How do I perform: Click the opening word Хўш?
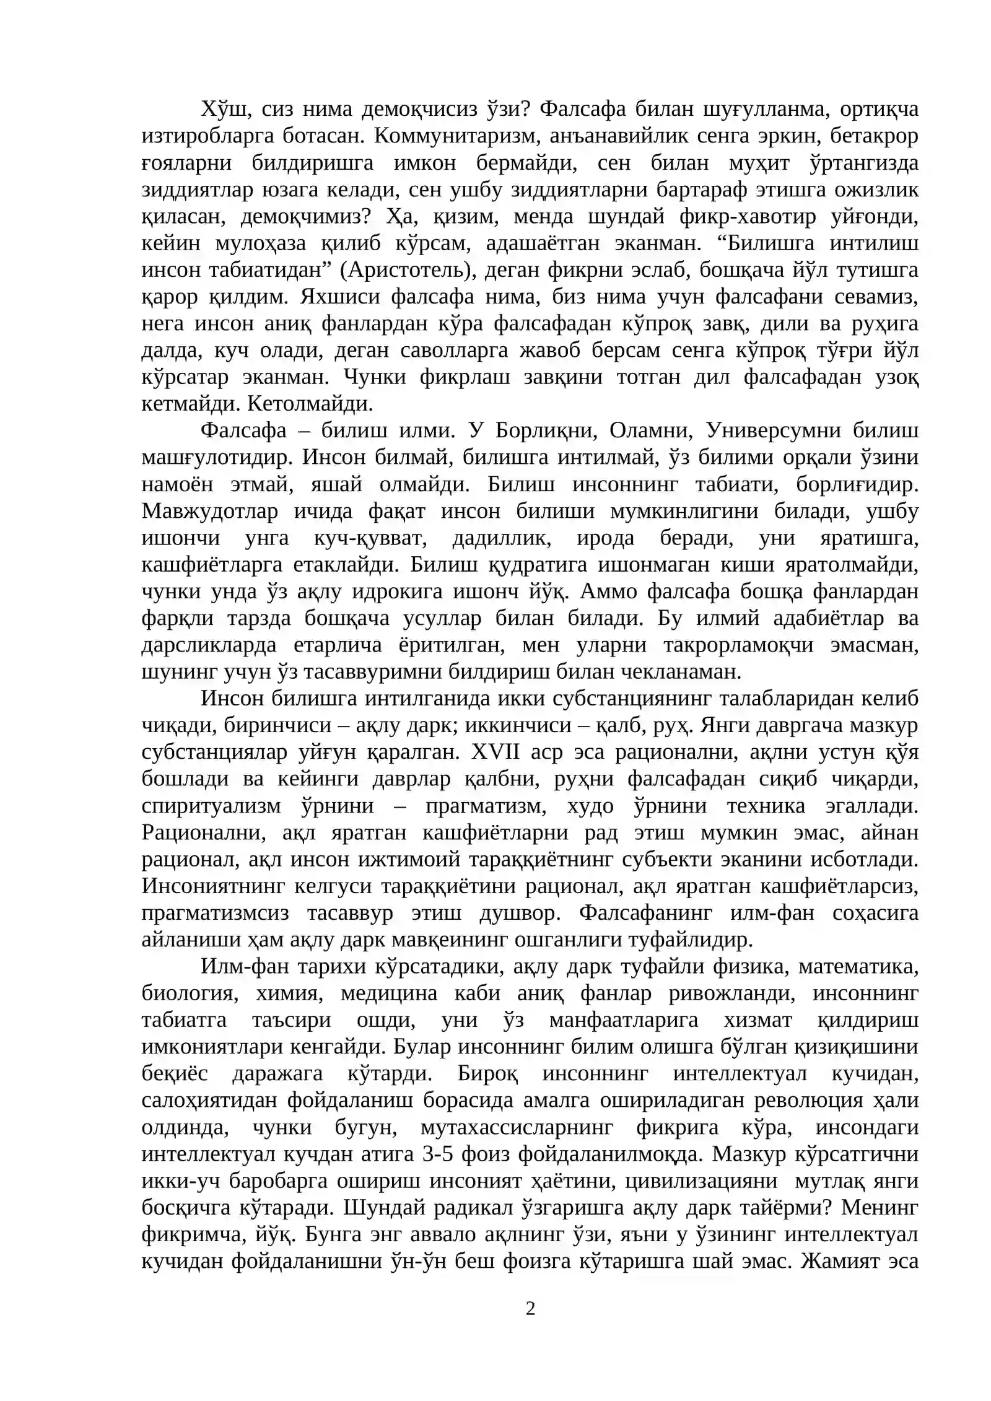(x=224, y=110)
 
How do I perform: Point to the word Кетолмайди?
(x=310, y=404)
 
